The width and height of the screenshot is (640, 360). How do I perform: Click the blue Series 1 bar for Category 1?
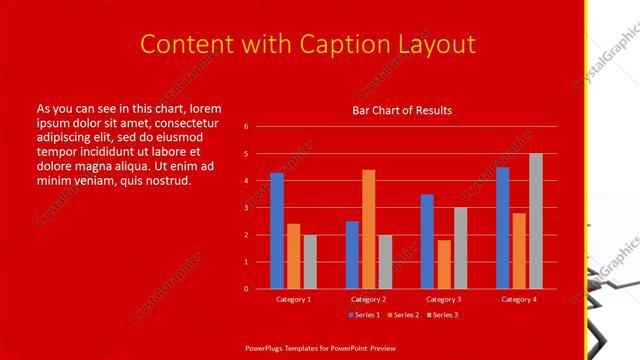277,230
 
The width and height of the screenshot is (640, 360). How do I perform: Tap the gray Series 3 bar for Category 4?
536,221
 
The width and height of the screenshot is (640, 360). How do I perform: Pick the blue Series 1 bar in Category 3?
427,241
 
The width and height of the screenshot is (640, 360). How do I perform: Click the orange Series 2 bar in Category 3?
444,264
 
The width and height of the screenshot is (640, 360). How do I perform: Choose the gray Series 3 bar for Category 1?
310,261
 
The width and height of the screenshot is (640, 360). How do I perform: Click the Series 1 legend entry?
364,315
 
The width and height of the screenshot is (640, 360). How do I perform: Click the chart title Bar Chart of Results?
402,110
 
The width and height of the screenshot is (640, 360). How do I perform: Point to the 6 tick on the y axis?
246,127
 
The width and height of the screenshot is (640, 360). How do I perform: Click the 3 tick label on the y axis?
246,208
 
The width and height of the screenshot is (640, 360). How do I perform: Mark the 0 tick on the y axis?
246,289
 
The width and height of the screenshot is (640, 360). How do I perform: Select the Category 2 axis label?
369,299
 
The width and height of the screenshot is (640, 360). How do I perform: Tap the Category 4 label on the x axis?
519,299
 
